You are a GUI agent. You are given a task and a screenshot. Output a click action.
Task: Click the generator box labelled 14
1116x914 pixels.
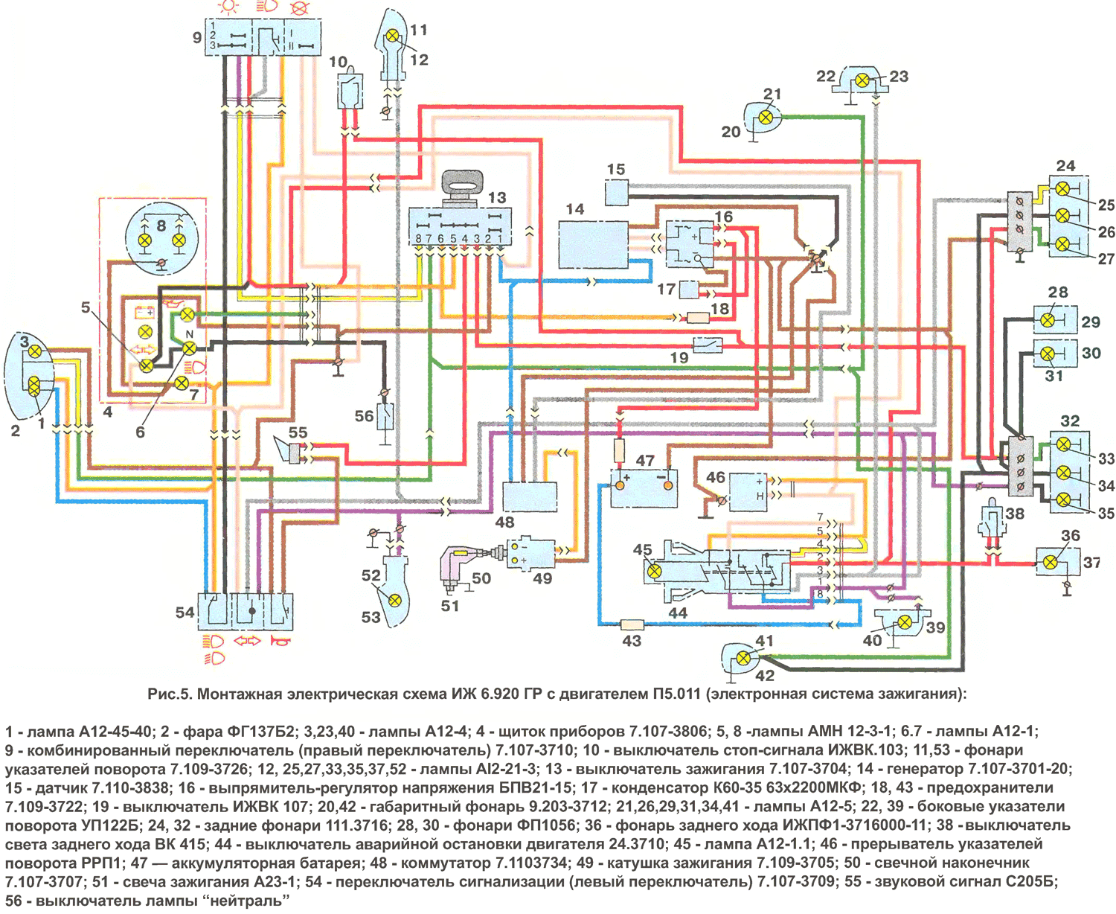[x=593, y=244]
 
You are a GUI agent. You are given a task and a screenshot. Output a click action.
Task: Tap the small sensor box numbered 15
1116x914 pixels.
[x=617, y=192]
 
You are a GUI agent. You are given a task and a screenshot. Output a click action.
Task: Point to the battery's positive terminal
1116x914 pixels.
[x=618, y=485]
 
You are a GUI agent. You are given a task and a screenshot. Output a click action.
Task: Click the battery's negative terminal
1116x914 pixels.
[x=668, y=485]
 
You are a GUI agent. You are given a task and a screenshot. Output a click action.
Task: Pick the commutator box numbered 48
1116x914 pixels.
[x=530, y=496]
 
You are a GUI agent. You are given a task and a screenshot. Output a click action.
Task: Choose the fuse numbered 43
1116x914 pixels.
[x=632, y=625]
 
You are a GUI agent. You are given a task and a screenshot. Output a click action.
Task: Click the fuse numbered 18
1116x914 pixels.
[x=698, y=318]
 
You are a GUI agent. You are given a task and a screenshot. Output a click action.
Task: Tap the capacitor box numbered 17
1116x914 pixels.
[x=689, y=289]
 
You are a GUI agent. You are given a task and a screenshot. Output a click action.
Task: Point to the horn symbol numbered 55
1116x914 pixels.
[x=289, y=450]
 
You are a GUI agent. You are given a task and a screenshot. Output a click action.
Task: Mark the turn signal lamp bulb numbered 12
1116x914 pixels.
[x=392, y=36]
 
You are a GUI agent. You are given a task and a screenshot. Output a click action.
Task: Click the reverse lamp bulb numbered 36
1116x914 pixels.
[x=1051, y=563]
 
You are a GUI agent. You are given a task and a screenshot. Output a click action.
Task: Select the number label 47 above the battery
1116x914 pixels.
[x=645, y=460]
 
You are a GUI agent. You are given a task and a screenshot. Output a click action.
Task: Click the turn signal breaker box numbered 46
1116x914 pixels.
[x=748, y=492]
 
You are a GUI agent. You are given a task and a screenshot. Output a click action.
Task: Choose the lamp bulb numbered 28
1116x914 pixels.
[x=1047, y=320]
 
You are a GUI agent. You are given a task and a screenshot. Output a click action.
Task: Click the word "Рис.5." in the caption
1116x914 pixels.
[x=170, y=694]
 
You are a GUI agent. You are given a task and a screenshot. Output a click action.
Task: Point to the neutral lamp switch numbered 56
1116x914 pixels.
[x=385, y=418]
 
